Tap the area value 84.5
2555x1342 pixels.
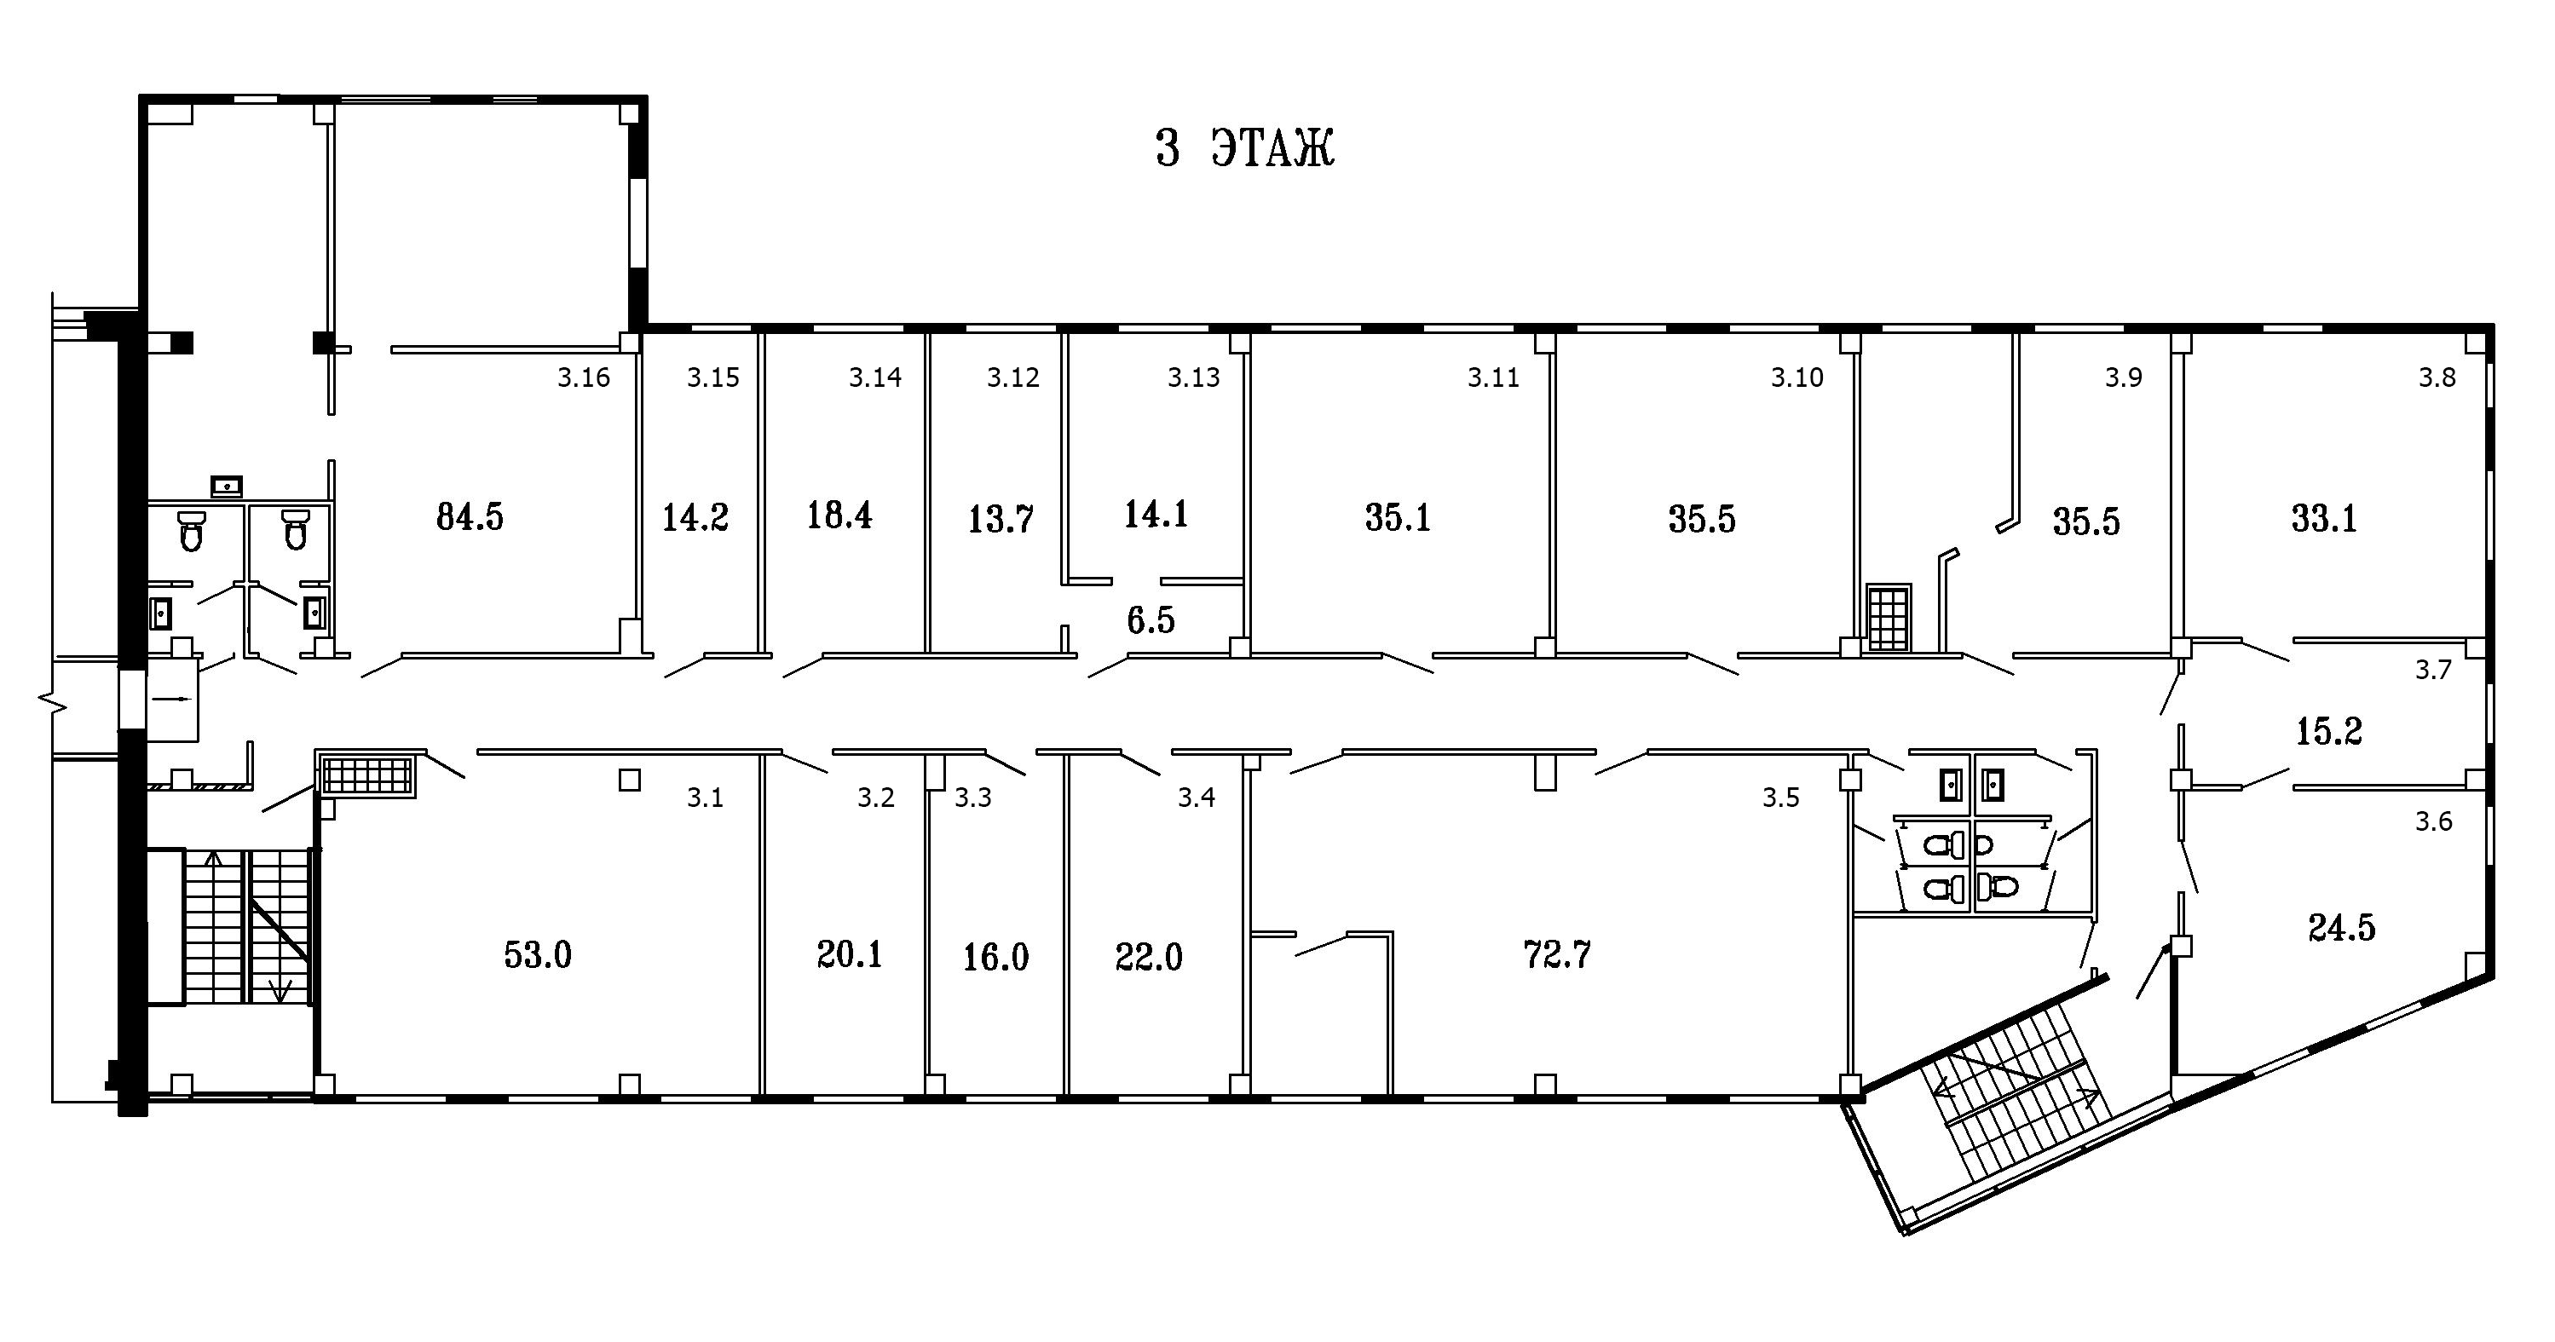click(470, 516)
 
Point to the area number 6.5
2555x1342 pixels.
click(1151, 620)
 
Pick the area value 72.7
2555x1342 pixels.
click(1556, 954)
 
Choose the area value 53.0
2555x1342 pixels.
click(538, 954)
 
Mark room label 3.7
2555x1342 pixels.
click(2433, 671)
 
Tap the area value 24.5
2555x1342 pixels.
click(2342, 927)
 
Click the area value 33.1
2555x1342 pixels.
click(2324, 518)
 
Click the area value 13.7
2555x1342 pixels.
click(1001, 519)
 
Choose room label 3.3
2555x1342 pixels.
click(973, 798)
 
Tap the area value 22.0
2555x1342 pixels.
click(1149, 957)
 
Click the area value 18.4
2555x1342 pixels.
click(839, 515)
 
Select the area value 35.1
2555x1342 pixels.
click(1398, 518)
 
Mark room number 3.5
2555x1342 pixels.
click(1780, 798)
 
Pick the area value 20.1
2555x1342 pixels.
click(849, 954)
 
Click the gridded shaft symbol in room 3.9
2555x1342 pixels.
click(1889, 618)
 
